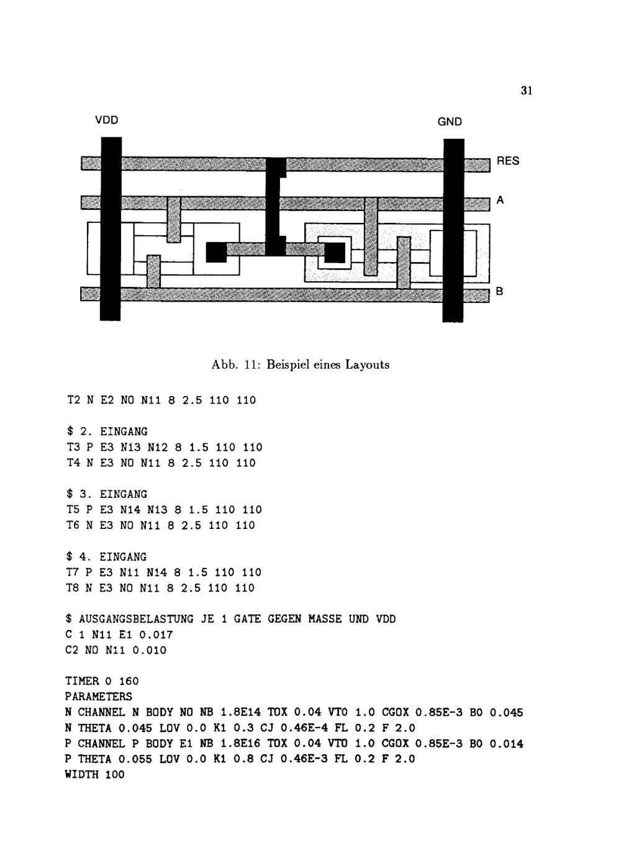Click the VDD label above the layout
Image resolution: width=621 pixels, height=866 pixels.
(x=107, y=120)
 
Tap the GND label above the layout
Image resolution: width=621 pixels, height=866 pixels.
(x=450, y=122)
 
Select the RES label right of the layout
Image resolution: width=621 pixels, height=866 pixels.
(x=507, y=161)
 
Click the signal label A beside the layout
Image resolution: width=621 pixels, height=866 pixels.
(x=501, y=201)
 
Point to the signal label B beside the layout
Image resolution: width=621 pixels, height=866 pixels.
(x=500, y=292)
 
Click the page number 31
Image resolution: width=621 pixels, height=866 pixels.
(x=526, y=91)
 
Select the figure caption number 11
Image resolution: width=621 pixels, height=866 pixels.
(x=250, y=364)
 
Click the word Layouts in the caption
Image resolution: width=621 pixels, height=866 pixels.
(x=367, y=365)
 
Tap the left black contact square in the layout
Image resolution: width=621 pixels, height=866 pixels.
(x=215, y=252)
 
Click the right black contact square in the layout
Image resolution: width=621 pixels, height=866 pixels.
(x=335, y=252)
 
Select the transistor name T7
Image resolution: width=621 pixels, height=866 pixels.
(x=71, y=572)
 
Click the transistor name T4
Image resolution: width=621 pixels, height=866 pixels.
(x=71, y=462)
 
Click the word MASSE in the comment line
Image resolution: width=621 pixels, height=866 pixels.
(x=325, y=619)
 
